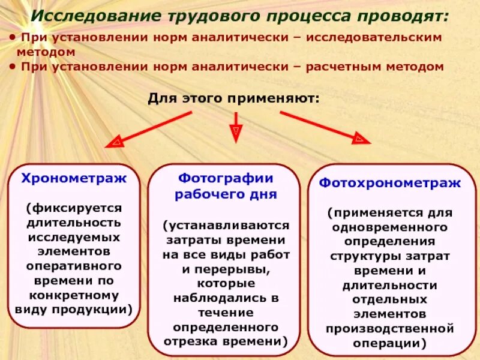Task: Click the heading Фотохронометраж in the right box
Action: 390,183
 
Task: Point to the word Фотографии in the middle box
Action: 226,178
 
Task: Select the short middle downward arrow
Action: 236,127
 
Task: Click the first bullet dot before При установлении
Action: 13,38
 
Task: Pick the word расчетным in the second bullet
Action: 347,67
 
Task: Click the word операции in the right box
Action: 390,343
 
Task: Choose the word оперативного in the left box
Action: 74,265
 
